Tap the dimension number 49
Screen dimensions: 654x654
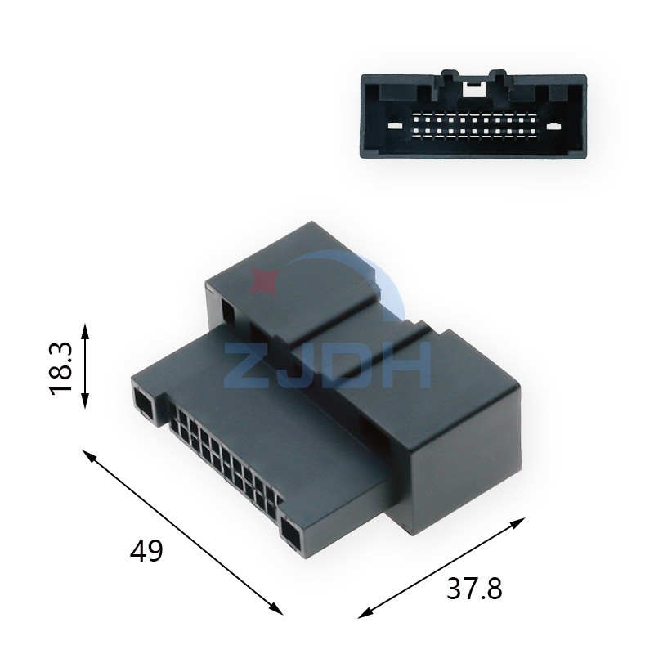click(147, 551)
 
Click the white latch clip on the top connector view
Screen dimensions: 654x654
click(473, 84)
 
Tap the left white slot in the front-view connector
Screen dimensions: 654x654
click(395, 127)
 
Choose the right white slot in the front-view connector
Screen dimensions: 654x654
click(553, 127)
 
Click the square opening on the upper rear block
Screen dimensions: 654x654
click(227, 311)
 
